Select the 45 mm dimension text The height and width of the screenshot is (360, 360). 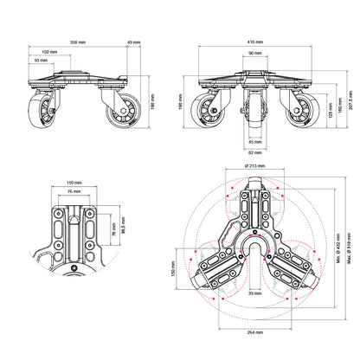254,144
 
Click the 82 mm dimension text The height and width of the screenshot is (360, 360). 254,154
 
